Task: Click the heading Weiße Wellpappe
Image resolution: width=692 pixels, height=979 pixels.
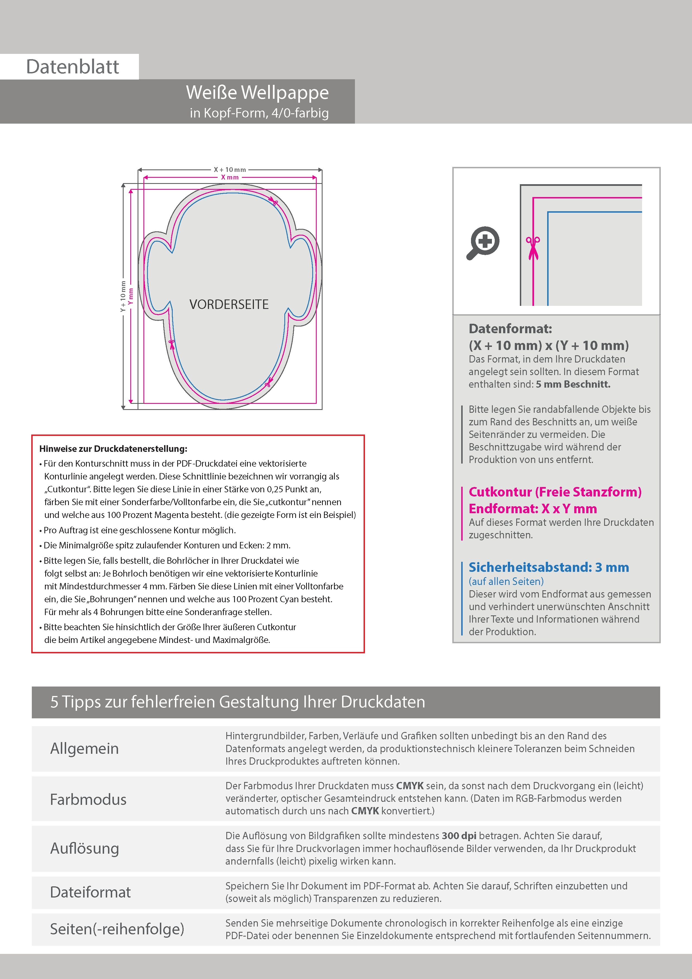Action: click(257, 93)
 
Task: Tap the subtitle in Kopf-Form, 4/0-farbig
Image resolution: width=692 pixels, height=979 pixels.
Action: click(259, 113)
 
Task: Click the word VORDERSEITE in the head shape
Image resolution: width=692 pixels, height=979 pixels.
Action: click(229, 304)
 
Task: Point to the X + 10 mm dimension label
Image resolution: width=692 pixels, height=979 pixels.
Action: click(230, 170)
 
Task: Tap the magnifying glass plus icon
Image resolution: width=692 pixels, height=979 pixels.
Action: click(483, 243)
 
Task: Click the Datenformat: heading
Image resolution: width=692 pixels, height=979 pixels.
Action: click(510, 329)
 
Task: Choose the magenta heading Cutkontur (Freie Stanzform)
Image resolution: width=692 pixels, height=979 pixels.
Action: click(555, 492)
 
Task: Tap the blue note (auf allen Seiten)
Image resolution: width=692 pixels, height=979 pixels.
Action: click(506, 581)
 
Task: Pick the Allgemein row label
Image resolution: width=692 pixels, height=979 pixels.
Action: click(85, 748)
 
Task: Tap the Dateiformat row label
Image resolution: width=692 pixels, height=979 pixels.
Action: click(90, 892)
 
